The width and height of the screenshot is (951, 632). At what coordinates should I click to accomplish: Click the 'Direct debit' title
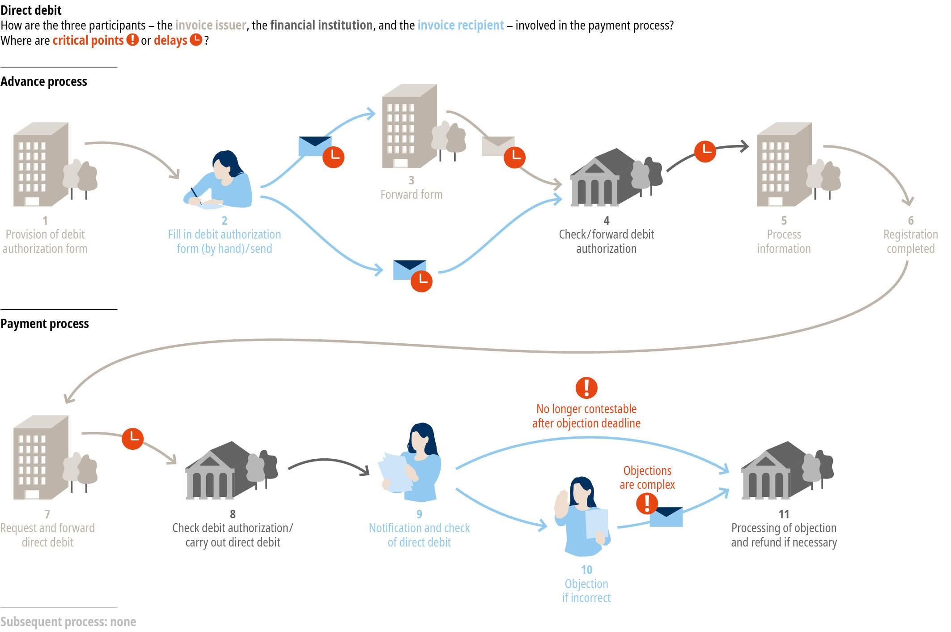[31, 10]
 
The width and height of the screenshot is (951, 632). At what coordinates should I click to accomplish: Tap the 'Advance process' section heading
[44, 81]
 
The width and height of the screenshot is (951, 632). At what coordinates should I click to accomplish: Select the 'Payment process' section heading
[45, 324]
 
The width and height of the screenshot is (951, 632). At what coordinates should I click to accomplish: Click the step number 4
[606, 220]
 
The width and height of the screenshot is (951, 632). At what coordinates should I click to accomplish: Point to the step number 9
[419, 514]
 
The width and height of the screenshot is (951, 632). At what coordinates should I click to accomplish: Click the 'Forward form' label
[412, 194]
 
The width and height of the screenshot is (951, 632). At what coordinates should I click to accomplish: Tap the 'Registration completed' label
[911, 241]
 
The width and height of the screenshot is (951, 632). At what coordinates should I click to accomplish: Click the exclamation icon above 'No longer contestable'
[586, 388]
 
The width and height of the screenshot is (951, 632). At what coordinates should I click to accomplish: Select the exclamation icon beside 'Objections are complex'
[647, 504]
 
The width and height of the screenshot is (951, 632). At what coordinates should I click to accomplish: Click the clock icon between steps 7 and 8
[133, 438]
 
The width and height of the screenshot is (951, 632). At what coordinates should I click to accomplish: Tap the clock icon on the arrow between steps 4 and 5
[705, 151]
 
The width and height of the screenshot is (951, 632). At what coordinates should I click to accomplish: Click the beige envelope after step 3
[497, 146]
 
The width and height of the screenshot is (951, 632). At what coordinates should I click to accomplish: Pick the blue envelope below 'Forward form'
[409, 270]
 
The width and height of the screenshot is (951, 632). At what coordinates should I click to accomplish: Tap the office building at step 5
[798, 164]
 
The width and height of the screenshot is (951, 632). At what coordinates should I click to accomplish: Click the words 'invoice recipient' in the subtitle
[461, 25]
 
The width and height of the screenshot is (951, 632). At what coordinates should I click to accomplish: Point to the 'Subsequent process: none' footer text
[68, 622]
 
